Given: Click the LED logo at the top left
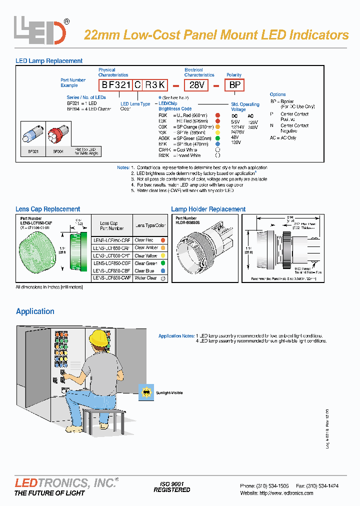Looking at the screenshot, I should point(40,30).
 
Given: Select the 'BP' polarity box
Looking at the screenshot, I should point(235,85).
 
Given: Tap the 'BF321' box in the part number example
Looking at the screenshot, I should point(114,85).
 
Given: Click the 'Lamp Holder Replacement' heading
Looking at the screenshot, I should point(208,209).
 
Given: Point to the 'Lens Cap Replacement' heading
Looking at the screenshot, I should point(48,209).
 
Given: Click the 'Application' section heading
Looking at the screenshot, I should point(35,311).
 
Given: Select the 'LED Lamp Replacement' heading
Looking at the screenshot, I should point(49,61).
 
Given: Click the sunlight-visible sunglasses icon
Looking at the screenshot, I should point(145,392).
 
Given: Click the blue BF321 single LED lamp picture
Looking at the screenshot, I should point(33,134).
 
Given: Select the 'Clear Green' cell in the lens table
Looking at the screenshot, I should point(146,263).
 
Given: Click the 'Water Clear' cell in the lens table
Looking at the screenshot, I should point(145,278).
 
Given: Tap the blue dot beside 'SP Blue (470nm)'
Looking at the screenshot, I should point(217,144).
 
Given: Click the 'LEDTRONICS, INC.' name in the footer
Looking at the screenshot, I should point(65,483).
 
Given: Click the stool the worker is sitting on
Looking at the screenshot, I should point(104,414).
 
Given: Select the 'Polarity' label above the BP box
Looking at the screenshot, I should point(234,75).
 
